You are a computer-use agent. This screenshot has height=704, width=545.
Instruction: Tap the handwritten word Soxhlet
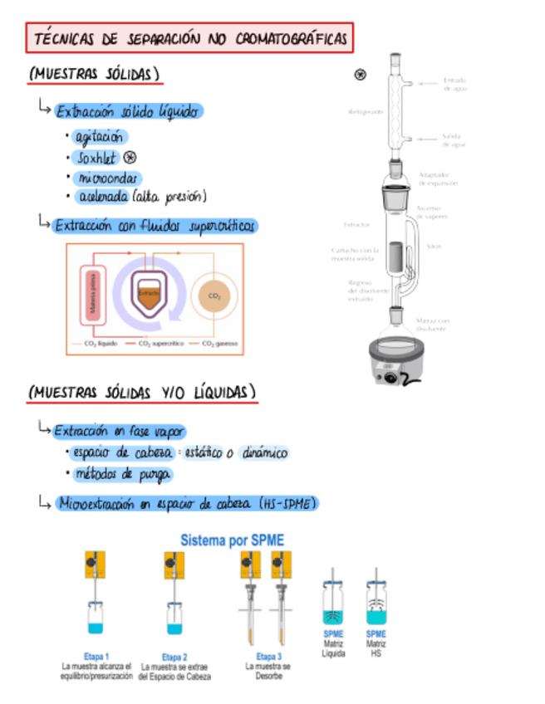[x=97, y=158]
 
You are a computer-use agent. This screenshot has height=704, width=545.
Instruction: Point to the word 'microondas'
[x=108, y=178]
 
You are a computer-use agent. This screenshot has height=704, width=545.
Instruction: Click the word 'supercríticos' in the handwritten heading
[x=221, y=226]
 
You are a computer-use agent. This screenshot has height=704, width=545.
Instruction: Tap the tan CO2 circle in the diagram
[x=214, y=296]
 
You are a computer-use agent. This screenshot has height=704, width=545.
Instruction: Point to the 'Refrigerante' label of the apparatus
[x=366, y=110]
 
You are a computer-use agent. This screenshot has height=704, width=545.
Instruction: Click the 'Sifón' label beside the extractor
[x=434, y=246]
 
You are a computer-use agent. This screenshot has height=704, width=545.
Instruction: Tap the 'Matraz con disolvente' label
[x=432, y=324]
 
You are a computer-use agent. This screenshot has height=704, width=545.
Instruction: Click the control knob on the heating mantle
[x=388, y=379]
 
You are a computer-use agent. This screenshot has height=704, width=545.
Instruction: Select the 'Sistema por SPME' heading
[x=233, y=540]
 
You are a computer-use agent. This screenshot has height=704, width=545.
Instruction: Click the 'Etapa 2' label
[x=174, y=657]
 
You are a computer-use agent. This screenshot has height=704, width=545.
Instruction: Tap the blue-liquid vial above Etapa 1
[x=97, y=618]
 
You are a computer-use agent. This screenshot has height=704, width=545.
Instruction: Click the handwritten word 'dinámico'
[x=263, y=453]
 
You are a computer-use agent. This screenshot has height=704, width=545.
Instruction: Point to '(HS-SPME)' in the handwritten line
[x=287, y=503]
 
